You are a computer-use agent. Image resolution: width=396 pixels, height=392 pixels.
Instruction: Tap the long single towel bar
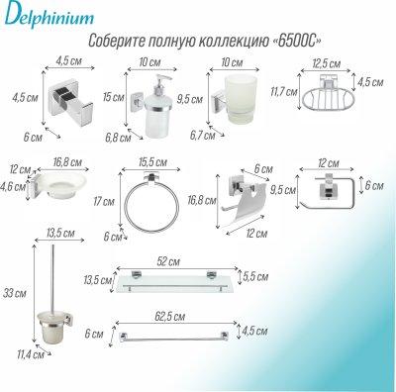[178, 333]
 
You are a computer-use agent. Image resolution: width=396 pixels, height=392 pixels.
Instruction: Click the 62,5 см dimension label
[176, 316]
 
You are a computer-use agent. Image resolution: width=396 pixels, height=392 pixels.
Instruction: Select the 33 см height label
[12, 293]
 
